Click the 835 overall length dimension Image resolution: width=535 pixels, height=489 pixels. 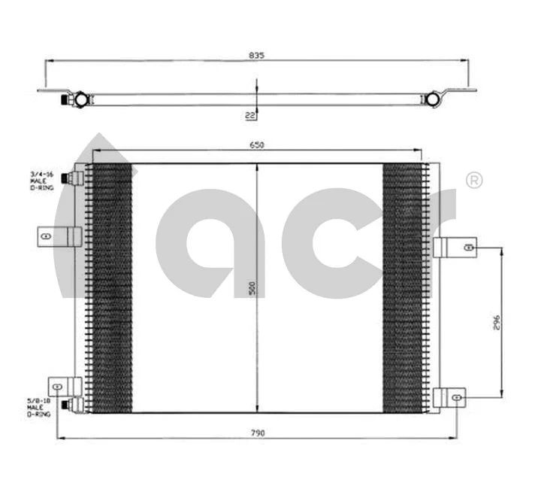coord(258,55)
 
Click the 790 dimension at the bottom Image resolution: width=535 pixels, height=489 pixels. coord(258,433)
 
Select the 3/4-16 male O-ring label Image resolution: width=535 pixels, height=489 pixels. coord(40,181)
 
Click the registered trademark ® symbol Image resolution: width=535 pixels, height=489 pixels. coord(474,181)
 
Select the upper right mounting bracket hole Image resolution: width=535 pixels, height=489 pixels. coord(469,247)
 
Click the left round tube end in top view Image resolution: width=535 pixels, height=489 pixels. coord(78,98)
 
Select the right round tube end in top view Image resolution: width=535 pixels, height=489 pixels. coord(433,98)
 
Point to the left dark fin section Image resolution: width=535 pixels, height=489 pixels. coord(110,287)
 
